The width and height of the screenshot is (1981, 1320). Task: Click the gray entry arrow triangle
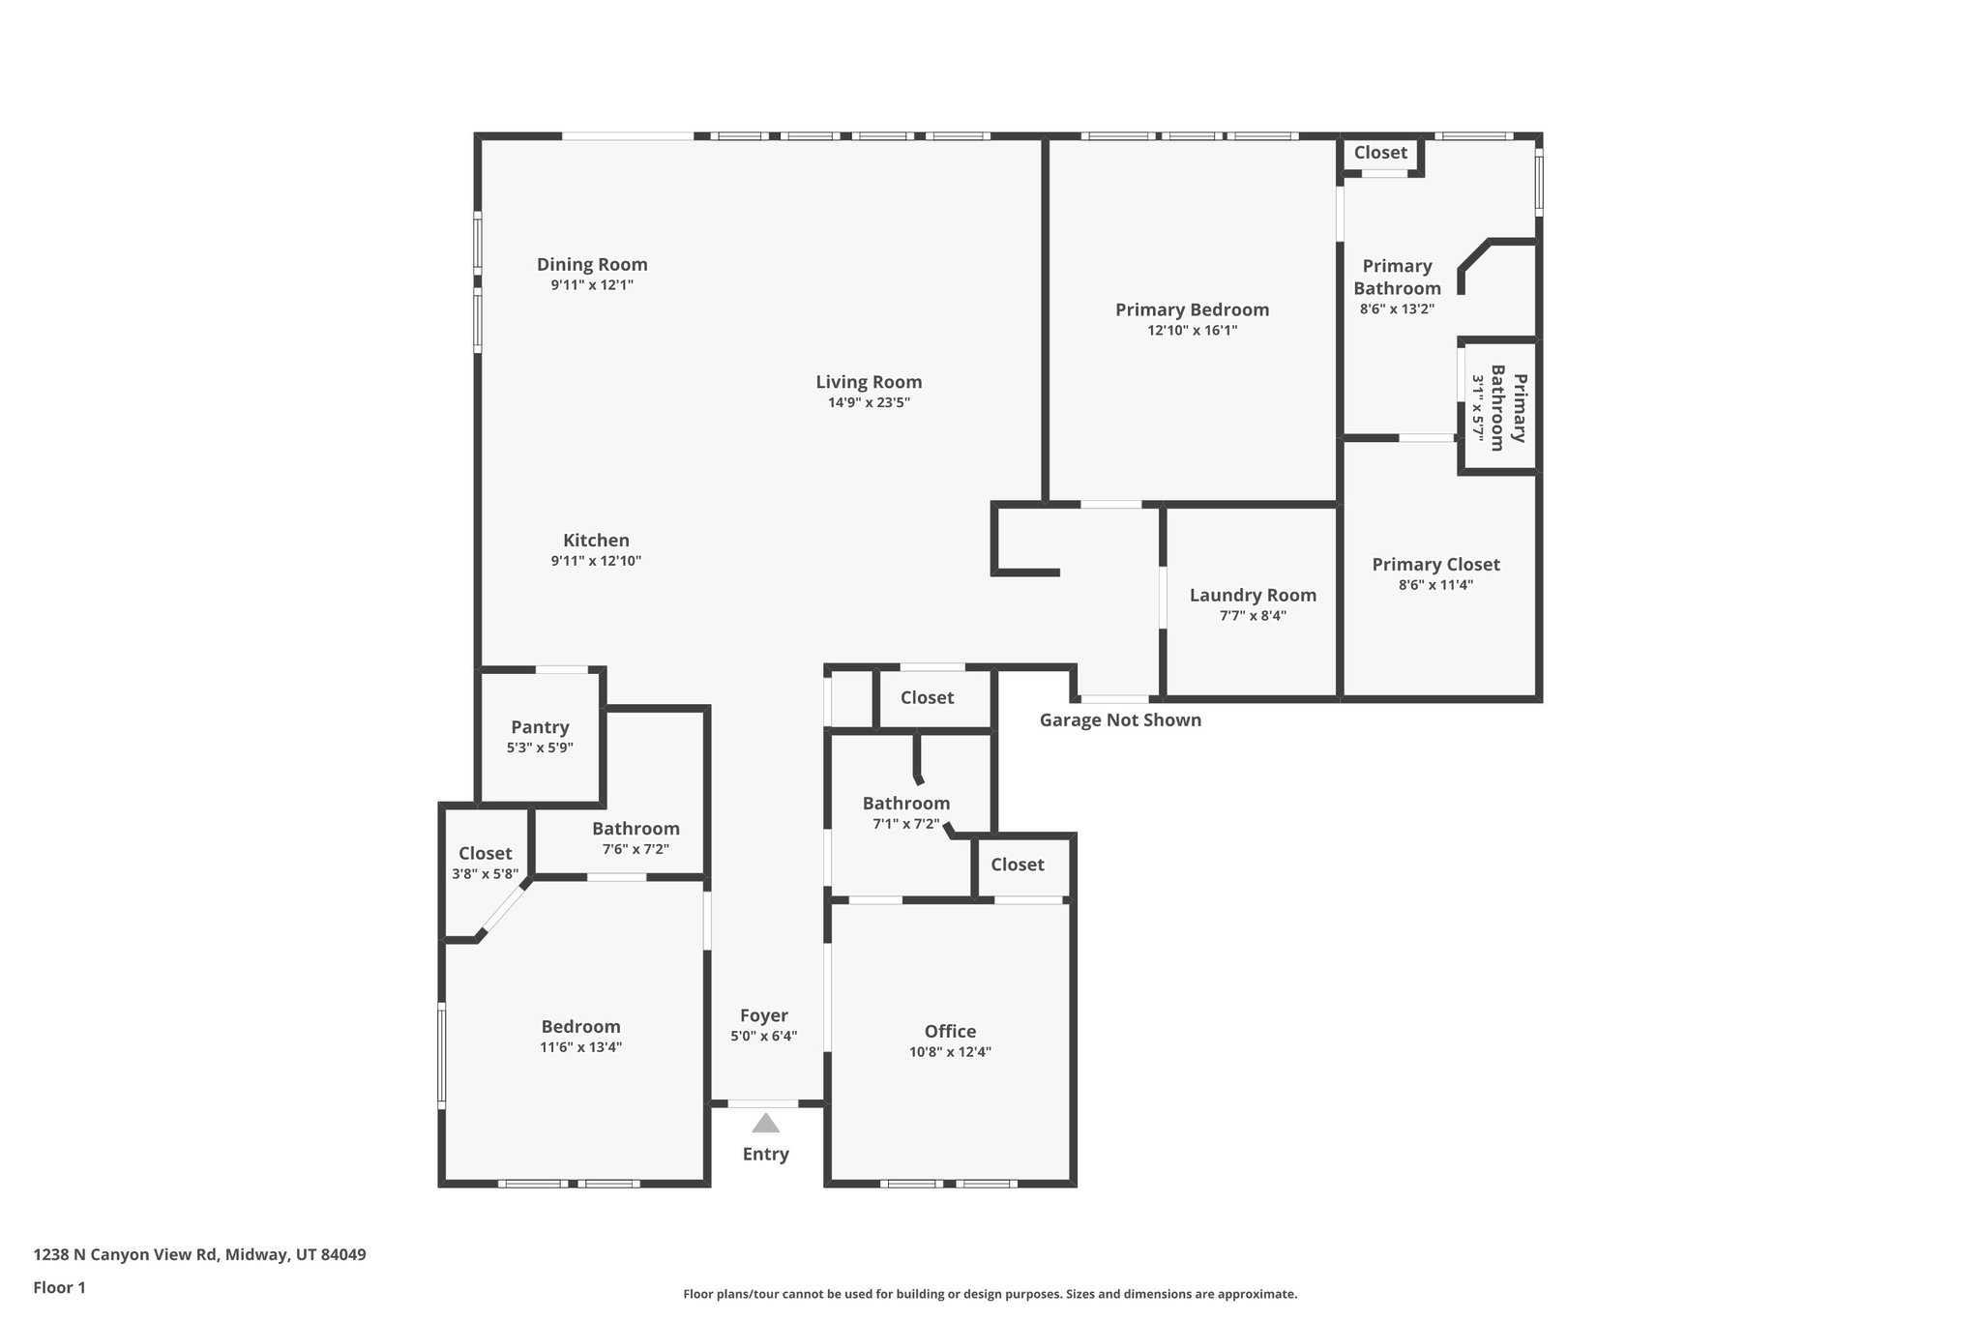pos(765,1123)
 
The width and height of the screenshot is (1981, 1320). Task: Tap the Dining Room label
pos(592,264)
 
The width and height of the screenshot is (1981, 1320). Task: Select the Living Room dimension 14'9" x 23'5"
pos(869,402)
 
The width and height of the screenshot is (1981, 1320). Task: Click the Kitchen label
pos(596,541)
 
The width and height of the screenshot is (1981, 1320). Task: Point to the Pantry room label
pos(540,727)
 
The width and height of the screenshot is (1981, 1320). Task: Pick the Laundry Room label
pos(1253,596)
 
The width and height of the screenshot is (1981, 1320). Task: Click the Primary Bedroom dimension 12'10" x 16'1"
pos(1192,331)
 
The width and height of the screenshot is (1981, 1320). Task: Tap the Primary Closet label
pos(1435,564)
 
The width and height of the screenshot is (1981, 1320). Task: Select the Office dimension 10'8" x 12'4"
pos(950,1052)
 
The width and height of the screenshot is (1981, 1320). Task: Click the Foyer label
pos(764,1015)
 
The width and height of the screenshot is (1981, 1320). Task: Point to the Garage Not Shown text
pos(1120,719)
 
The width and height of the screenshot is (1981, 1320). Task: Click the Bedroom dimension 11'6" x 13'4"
pos(580,1047)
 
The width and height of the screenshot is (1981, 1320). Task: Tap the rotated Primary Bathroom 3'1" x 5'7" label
pos(1499,407)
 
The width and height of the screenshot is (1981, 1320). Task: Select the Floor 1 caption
pos(59,1287)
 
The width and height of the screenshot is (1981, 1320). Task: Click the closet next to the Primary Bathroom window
pos(1380,153)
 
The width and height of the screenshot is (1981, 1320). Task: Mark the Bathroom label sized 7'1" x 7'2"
pos(905,803)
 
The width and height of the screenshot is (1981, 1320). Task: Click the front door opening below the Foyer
pos(763,1103)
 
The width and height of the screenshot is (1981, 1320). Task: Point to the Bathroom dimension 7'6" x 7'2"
pos(636,849)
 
